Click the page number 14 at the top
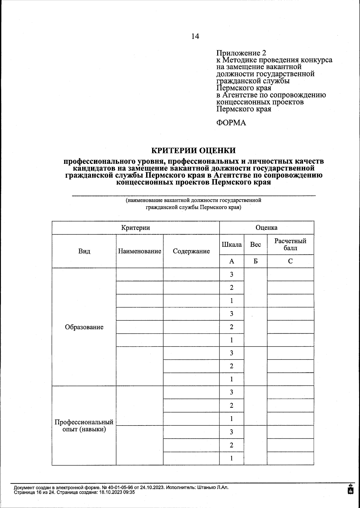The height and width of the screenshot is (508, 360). click(x=195, y=36)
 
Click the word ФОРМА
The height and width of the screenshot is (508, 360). click(x=231, y=123)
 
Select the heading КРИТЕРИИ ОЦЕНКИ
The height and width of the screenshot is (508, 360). click(x=193, y=150)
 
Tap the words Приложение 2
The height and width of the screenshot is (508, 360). click(x=241, y=53)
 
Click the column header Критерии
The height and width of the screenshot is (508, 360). click(x=136, y=227)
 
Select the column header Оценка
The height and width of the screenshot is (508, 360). click(x=266, y=227)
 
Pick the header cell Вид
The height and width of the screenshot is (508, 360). click(x=84, y=251)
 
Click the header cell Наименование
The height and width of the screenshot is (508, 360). click(x=139, y=251)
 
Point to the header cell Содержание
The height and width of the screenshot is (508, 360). click(x=191, y=251)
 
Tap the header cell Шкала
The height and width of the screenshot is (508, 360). click(x=232, y=244)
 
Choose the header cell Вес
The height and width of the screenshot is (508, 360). click(x=255, y=244)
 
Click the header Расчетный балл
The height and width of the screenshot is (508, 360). click(x=290, y=244)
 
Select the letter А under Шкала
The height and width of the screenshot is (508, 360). click(x=232, y=261)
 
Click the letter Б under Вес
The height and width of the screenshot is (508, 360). click(x=255, y=261)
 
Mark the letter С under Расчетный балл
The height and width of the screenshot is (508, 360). click(x=290, y=261)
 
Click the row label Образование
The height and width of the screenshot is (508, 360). click(x=84, y=327)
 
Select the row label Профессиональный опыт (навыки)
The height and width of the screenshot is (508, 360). click(x=84, y=425)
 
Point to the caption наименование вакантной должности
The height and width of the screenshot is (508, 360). click(x=193, y=200)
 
